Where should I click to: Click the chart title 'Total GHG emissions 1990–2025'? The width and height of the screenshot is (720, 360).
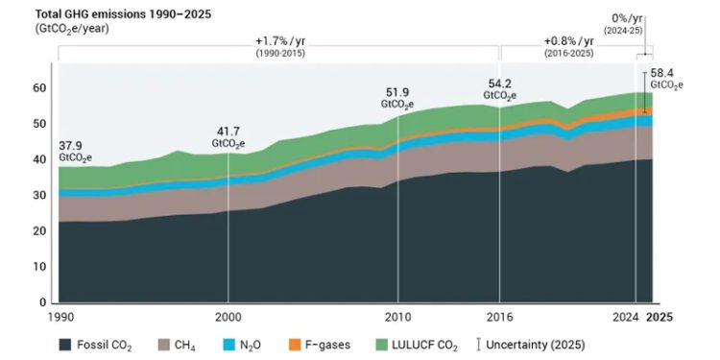[123, 14]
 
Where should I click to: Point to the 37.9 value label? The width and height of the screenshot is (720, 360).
[72, 146]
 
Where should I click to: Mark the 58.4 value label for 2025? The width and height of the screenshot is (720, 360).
[663, 73]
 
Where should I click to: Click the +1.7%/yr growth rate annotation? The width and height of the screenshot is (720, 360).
[280, 41]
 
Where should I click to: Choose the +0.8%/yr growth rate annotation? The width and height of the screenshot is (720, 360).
[569, 41]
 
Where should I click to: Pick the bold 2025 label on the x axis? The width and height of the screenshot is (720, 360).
[660, 317]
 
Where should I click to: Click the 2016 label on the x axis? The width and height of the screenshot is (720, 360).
[499, 317]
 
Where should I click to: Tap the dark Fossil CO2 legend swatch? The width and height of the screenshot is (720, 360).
[65, 344]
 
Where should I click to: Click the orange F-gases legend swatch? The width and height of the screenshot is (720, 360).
[295, 344]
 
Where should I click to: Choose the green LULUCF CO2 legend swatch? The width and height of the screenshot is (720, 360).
[381, 344]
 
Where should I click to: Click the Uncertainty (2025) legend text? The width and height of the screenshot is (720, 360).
[536, 345]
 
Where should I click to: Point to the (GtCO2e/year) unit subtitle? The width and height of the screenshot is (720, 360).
[72, 29]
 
